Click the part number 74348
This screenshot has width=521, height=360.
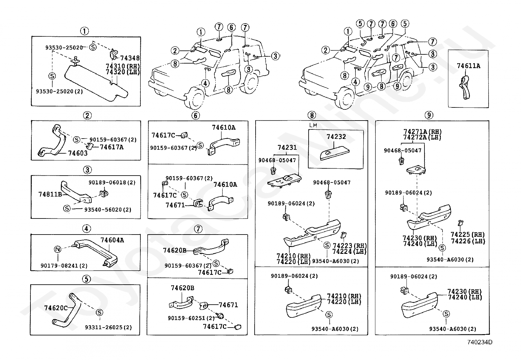pos(130,58)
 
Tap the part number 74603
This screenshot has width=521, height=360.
pos(78,153)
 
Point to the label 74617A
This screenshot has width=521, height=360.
pos(112,147)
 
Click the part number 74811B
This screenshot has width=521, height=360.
pos(50,194)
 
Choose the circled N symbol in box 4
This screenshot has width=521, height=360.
pos(58,249)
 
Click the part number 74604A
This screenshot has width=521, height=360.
pos(112,240)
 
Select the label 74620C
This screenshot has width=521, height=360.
pos(56,308)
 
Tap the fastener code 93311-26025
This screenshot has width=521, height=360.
pos(104,327)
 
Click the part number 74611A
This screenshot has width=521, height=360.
pos(468,66)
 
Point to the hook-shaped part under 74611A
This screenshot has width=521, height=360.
pos(465,87)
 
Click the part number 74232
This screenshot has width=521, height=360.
pos(336,137)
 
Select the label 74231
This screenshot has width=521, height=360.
pos(287,147)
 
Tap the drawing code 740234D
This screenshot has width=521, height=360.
pos(480,342)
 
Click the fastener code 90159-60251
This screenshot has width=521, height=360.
pos(187,318)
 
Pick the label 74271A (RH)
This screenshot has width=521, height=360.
pos(422,132)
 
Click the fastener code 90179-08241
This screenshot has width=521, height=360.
pos(59,266)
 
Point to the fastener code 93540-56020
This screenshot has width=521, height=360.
pos(103,210)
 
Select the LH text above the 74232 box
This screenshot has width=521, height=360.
pos(313,125)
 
